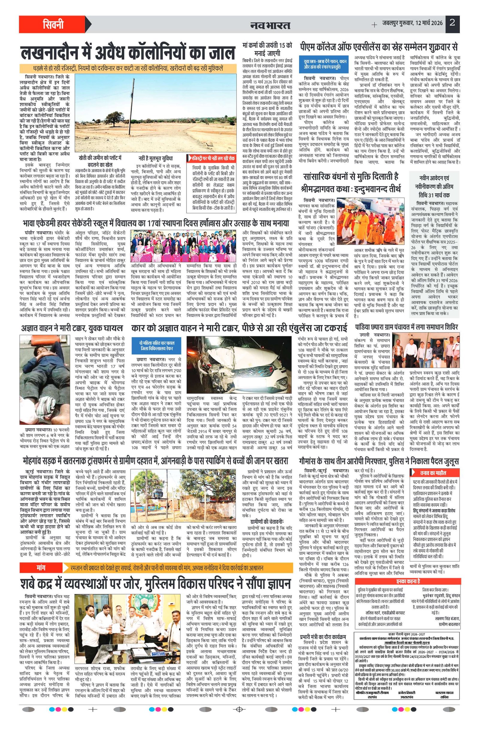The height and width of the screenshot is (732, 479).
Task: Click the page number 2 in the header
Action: point(452,23)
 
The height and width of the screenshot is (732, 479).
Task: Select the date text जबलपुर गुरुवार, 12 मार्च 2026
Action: point(413,23)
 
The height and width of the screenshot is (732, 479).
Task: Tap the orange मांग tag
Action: point(41,558)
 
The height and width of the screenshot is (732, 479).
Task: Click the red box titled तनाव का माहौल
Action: point(435,473)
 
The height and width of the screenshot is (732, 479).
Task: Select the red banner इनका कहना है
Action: point(407,573)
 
